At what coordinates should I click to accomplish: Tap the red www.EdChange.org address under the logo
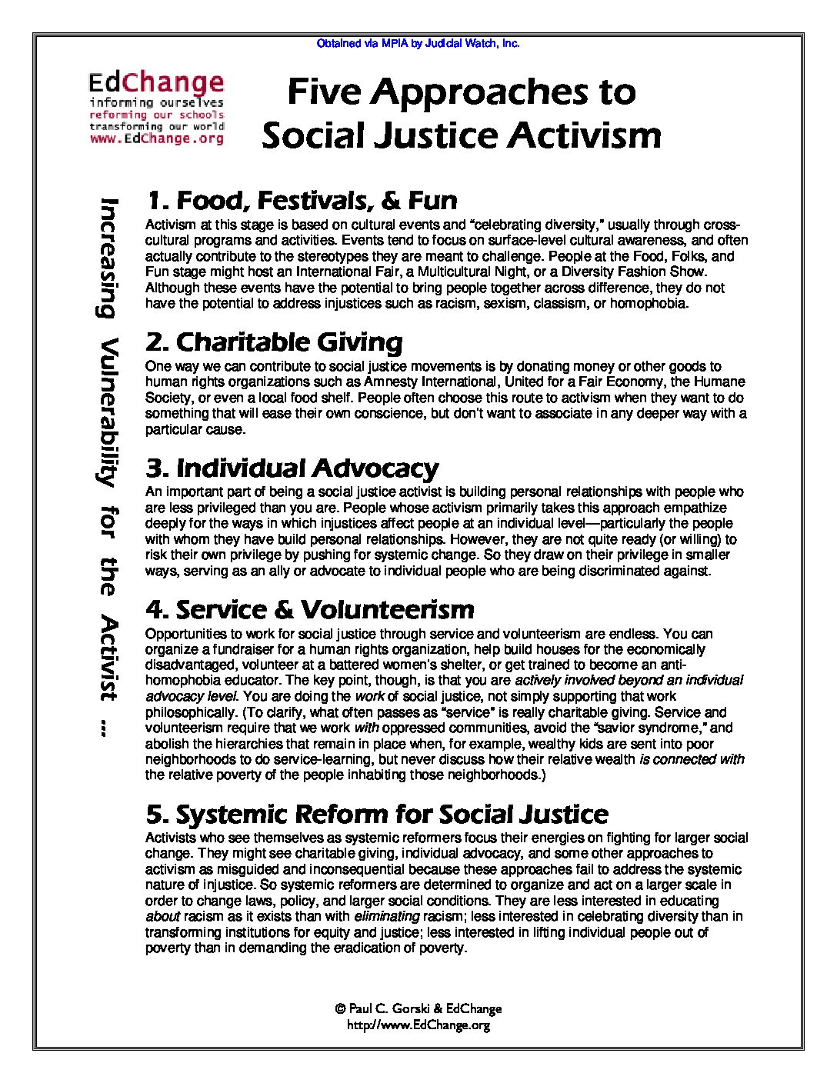coord(157,139)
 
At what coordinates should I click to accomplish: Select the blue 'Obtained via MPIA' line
coord(418,44)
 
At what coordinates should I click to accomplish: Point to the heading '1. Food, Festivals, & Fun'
coord(302,201)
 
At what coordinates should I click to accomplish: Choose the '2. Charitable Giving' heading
coord(274,342)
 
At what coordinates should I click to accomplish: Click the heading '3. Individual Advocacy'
coord(292,468)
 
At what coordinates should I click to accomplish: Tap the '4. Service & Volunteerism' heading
coord(309,609)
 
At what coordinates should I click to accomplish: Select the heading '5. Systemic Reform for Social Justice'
coord(377,813)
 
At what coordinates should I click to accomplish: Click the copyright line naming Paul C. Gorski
coord(418,1008)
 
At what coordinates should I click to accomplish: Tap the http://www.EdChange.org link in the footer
coord(418,1025)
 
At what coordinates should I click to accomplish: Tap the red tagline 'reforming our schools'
coord(157,115)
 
